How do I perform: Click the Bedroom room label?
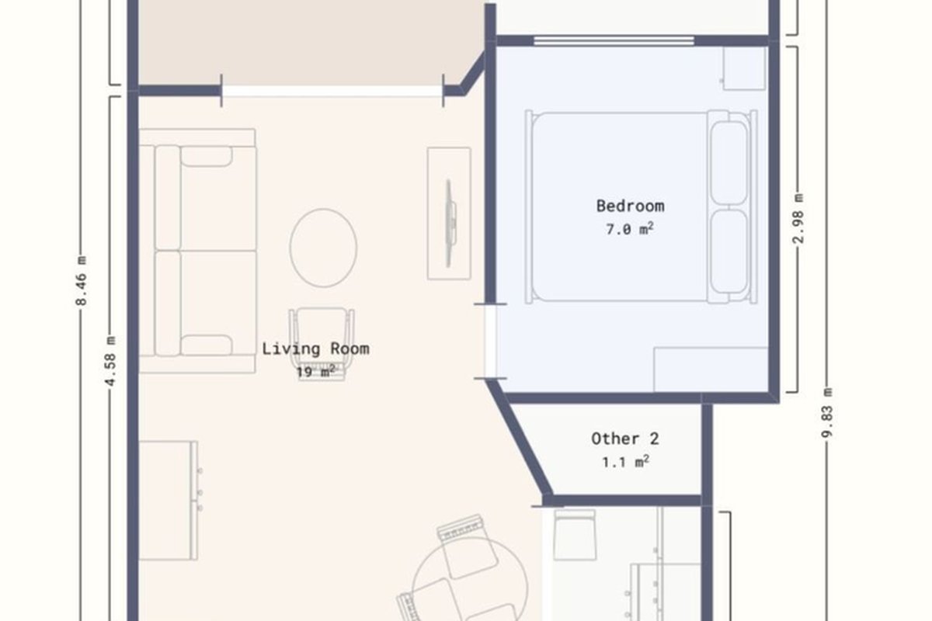coord(630,206)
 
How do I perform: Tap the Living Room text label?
coord(315,349)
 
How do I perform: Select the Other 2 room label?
coord(625,439)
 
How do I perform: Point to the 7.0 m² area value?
coord(630,229)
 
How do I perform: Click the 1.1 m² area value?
coord(626,462)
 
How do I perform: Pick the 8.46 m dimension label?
coord(82,281)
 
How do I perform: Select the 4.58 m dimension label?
coord(111,361)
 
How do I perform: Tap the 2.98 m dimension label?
coord(798,218)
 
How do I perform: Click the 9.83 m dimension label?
coord(828,413)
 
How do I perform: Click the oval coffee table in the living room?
coord(323,248)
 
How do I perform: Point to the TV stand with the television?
coord(449,213)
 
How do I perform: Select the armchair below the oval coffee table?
coord(322,344)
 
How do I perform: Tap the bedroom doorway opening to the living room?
coord(491,342)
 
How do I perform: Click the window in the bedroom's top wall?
coord(614,40)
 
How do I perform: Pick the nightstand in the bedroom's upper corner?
coord(744,68)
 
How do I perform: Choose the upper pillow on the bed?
coord(729,163)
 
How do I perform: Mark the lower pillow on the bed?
coord(729,252)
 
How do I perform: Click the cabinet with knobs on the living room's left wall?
coord(168,501)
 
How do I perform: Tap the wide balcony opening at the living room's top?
coord(332,91)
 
